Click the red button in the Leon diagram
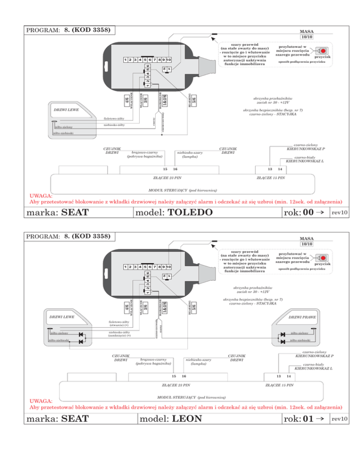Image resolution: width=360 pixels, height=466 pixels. (x=323, y=258)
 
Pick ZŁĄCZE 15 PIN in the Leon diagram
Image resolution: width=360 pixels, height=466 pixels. (x=279, y=385)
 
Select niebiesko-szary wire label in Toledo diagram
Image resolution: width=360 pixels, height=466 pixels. (x=190, y=155)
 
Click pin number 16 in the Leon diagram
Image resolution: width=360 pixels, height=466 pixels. (x=184, y=376)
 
